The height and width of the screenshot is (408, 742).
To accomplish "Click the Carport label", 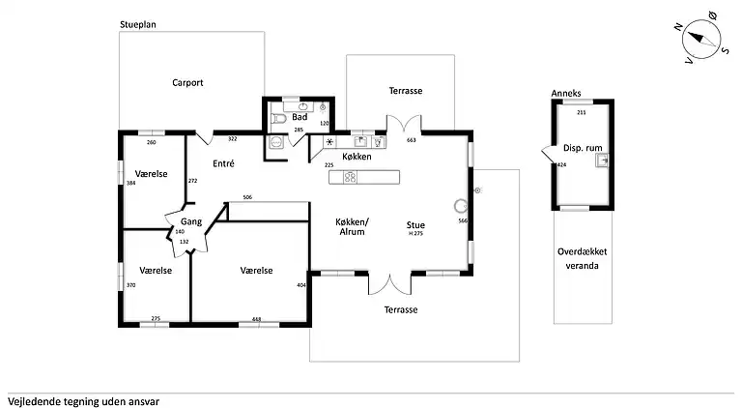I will click(x=187, y=83).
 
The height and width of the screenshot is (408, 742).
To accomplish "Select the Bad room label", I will click(x=300, y=117).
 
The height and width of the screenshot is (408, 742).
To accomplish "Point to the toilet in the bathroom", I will click(x=279, y=119).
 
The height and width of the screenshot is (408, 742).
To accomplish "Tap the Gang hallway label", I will click(x=189, y=222).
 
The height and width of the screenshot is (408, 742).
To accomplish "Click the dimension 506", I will click(x=247, y=197).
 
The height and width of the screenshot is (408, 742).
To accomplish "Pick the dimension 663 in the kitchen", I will click(x=411, y=140).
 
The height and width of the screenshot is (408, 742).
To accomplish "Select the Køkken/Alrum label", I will click(x=351, y=227).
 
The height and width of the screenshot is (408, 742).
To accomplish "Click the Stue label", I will click(x=415, y=224).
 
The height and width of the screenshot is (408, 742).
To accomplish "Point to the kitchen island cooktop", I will click(x=350, y=176).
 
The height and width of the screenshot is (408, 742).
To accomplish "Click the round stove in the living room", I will click(x=461, y=205).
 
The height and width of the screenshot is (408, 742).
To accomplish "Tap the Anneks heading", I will click(x=566, y=94).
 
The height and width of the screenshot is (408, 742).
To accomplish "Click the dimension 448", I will click(x=256, y=318).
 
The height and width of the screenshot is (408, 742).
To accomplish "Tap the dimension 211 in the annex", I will click(x=581, y=113).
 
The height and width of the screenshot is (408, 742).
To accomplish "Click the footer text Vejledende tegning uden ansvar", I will click(x=83, y=399).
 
